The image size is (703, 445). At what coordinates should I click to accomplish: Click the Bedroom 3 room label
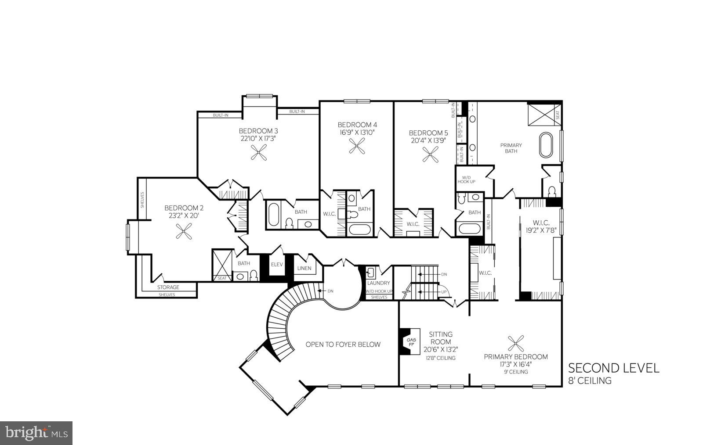point(258,131)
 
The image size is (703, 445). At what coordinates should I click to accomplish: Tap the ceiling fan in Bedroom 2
point(184,231)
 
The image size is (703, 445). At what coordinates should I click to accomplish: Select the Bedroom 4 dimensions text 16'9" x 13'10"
point(357,132)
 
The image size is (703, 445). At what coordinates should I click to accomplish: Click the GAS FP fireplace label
point(411,342)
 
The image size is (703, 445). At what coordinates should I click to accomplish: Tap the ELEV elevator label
point(277,265)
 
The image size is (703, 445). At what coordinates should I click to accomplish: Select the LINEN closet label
point(304,268)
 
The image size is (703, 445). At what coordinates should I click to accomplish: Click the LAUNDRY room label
point(379,283)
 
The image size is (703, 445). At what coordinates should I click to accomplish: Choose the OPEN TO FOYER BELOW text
point(343,345)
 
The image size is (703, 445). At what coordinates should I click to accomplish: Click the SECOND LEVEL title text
point(614,368)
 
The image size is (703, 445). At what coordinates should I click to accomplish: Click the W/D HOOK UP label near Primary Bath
point(467,179)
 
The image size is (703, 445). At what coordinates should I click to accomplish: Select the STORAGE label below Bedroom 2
point(168,287)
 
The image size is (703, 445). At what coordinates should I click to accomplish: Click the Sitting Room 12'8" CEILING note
point(440,358)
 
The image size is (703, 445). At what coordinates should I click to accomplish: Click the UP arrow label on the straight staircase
point(444,292)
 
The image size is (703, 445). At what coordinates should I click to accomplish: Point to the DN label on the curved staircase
point(330,291)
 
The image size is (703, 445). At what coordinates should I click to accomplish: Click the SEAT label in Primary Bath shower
point(558,115)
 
